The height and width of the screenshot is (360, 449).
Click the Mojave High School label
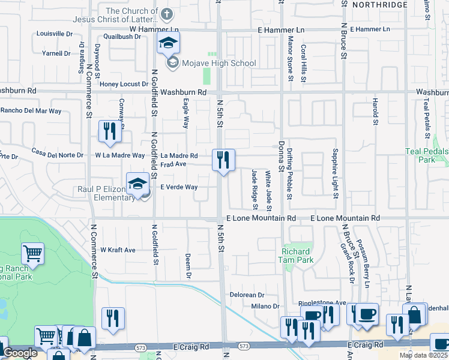click(220, 63)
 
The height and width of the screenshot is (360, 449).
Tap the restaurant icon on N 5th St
click(222, 160)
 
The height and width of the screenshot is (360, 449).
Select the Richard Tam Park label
click(296, 256)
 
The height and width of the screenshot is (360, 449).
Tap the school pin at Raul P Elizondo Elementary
click(137, 184)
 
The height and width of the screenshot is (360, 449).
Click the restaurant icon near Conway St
click(109, 131)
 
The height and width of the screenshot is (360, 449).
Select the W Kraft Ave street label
click(118, 250)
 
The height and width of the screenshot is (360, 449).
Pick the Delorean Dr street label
click(247, 295)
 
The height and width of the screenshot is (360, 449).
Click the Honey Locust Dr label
click(124, 85)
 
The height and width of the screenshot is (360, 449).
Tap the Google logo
click(20, 353)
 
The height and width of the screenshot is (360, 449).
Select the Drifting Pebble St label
click(289, 175)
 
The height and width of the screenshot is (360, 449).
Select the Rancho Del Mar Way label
click(31, 111)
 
